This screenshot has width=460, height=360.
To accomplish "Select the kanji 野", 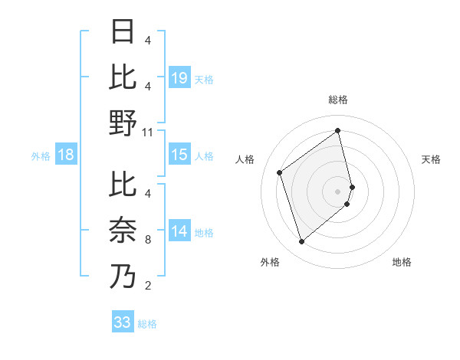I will pyautogui.click(x=123, y=123).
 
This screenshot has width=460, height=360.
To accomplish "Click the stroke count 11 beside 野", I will pyautogui.click(x=148, y=132).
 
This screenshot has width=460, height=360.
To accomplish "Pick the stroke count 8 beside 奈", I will pyautogui.click(x=147, y=239).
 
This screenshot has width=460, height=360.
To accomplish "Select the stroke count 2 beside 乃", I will pyautogui.click(x=147, y=286).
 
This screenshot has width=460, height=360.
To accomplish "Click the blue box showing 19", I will pyautogui.click(x=179, y=77).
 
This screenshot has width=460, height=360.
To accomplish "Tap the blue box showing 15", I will pyautogui.click(x=179, y=155).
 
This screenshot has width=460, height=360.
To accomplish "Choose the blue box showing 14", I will pyautogui.click(x=179, y=231).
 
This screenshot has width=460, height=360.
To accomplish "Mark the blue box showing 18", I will pyautogui.click(x=66, y=155).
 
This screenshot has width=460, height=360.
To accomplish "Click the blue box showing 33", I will pyautogui.click(x=122, y=322).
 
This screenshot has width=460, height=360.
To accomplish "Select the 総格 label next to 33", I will pyautogui.click(x=147, y=324).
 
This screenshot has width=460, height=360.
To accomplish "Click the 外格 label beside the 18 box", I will pyautogui.click(x=41, y=156).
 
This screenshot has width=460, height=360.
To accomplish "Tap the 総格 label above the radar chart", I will pyautogui.click(x=338, y=100).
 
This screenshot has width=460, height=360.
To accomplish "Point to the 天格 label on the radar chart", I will pyautogui.click(x=432, y=159).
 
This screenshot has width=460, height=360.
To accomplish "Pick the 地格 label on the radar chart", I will pyautogui.click(x=402, y=262).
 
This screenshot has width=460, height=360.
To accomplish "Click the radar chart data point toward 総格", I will pyautogui.click(x=338, y=130).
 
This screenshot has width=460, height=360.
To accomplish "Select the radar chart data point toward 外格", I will pyautogui.click(x=301, y=242).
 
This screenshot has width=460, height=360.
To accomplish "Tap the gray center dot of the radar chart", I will pyautogui.click(x=338, y=191).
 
